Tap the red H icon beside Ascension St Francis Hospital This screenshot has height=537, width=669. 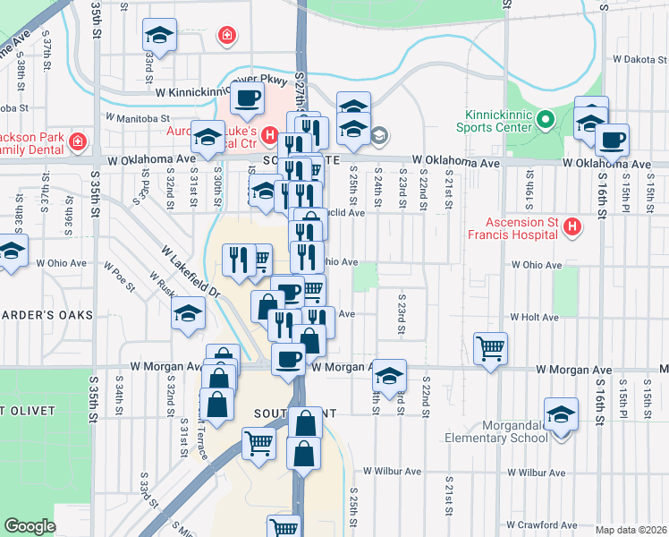click(x=572, y=230)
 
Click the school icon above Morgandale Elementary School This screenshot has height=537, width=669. click(x=561, y=415)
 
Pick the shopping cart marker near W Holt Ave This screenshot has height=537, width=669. click(x=490, y=346)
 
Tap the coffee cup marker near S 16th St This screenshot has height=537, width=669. click(x=613, y=140)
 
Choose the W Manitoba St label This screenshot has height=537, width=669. click(x=137, y=117)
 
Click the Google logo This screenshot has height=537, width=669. click(x=30, y=526)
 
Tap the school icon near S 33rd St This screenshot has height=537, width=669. click(x=160, y=35)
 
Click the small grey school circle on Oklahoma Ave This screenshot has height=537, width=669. click(x=378, y=135)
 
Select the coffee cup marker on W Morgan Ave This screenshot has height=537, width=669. click(x=287, y=359)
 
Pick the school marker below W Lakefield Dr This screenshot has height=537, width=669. click(x=189, y=313)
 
